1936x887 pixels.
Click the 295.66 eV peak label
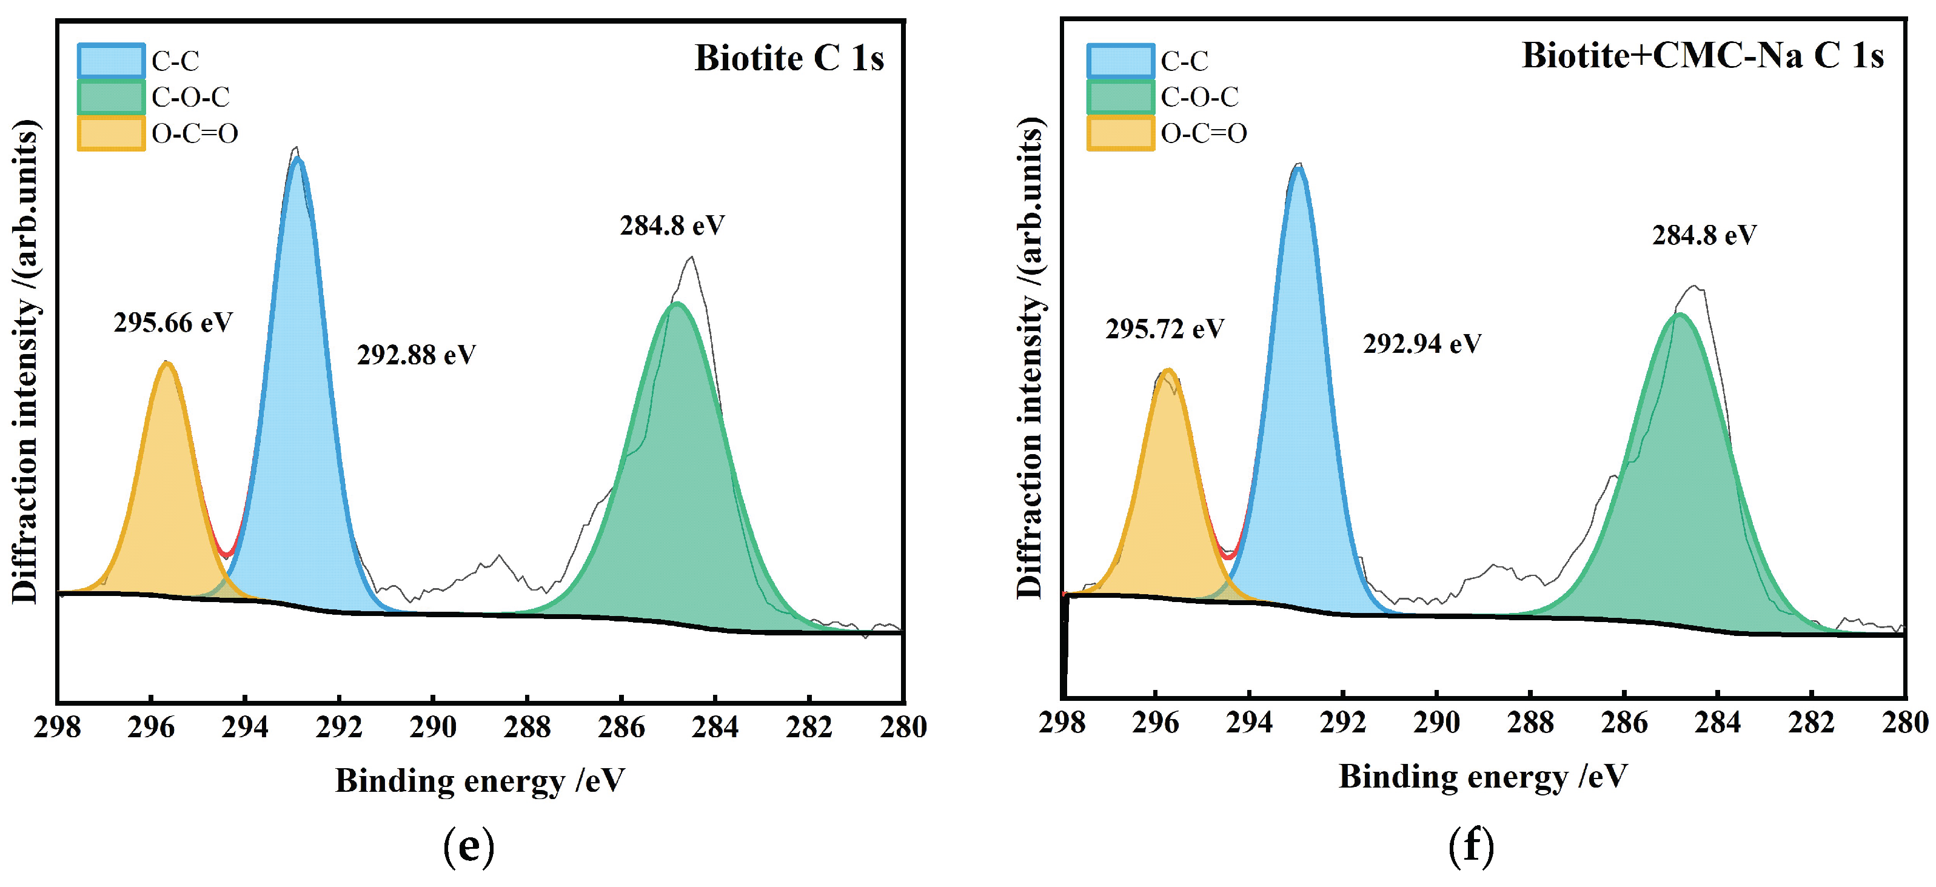(173, 323)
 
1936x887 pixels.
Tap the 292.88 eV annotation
(417, 355)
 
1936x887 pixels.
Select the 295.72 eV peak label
(1165, 329)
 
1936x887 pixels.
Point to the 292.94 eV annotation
(1422, 344)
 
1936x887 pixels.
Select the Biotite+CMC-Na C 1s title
(1703, 56)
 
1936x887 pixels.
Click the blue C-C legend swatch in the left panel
(110, 61)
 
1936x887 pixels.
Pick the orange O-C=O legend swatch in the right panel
(1120, 133)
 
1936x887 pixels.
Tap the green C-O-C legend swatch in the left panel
(110, 97)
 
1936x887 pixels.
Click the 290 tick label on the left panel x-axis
(433, 727)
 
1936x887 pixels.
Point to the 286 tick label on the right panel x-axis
(1624, 722)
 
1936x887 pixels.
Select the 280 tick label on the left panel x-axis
(903, 727)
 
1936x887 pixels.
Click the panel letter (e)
(469, 847)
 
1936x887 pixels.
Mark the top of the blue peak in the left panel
(298, 159)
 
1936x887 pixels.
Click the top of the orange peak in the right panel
(1167, 370)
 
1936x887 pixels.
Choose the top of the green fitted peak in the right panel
(1679, 315)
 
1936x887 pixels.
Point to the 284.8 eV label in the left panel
(672, 226)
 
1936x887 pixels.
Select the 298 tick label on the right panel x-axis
(1062, 722)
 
